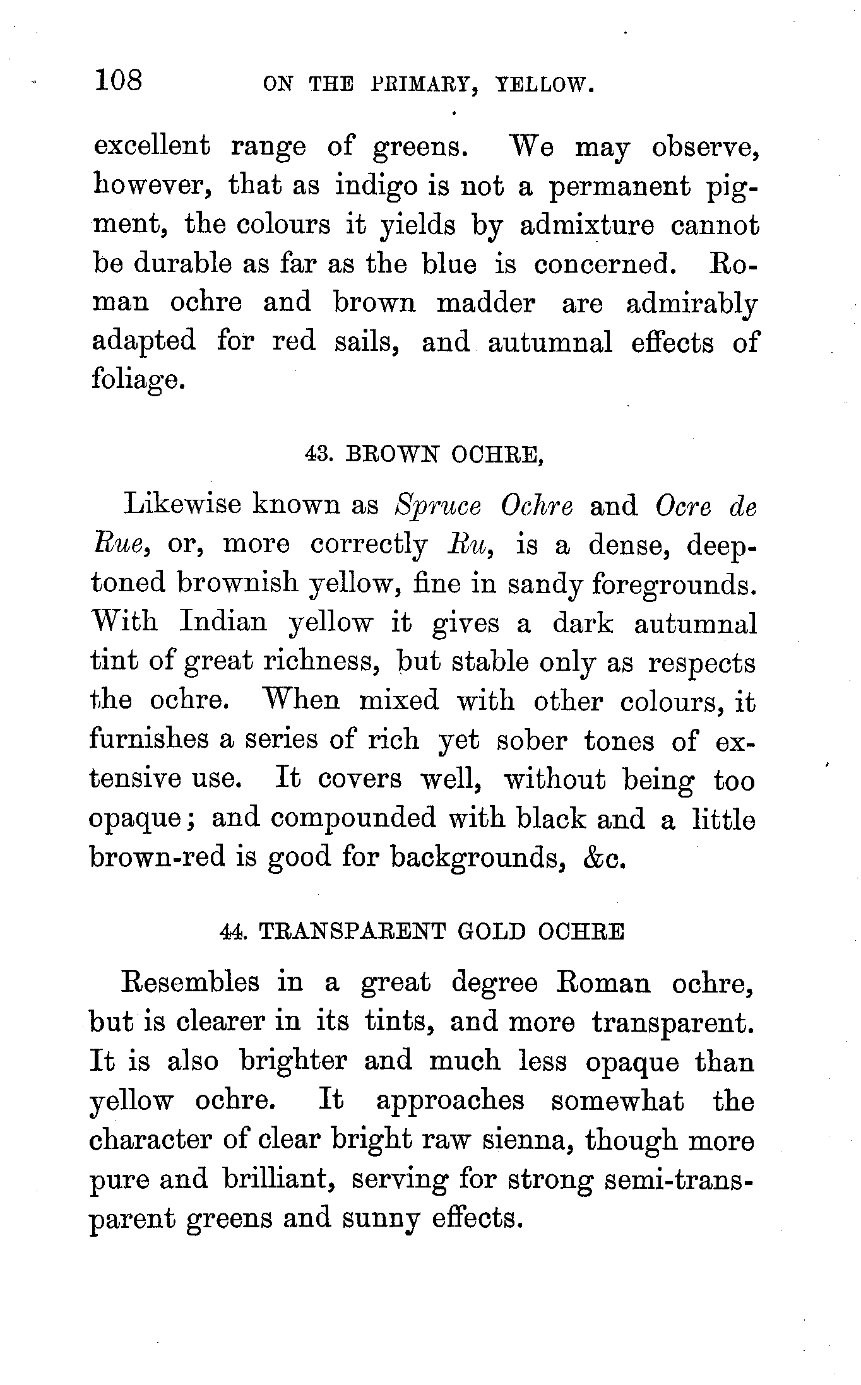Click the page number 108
click(x=119, y=82)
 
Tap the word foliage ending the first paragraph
click(x=138, y=380)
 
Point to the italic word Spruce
click(x=437, y=507)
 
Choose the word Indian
click(x=223, y=623)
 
